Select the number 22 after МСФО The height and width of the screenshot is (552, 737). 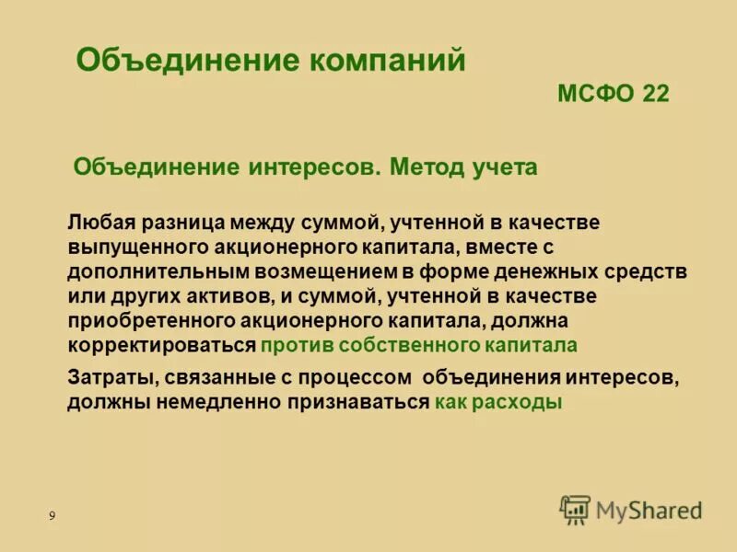point(650,94)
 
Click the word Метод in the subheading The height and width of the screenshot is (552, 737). point(427,167)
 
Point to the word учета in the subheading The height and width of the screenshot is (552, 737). point(505,167)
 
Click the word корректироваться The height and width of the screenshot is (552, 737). point(160,346)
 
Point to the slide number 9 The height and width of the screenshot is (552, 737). point(52,516)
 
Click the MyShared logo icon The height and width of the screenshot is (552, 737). point(575,510)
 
